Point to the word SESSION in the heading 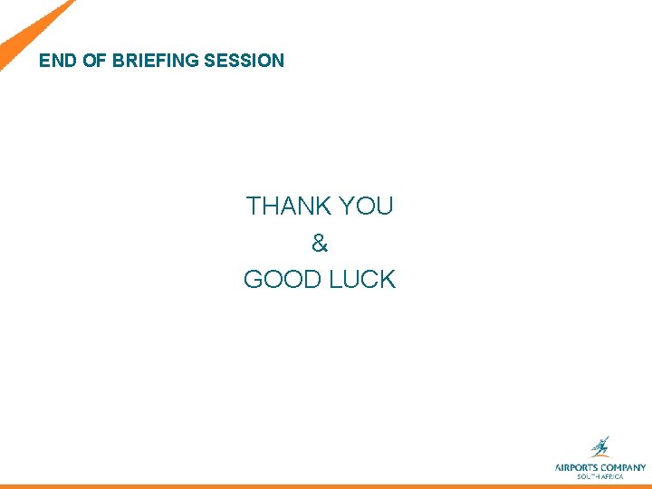[244, 61]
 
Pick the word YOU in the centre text [368, 206]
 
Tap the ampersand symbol [319, 243]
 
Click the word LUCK [362, 279]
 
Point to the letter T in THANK [254, 206]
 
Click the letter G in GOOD [253, 279]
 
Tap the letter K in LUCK [388, 279]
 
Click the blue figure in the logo [599, 447]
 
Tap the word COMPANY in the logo [624, 467]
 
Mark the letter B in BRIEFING [118, 61]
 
